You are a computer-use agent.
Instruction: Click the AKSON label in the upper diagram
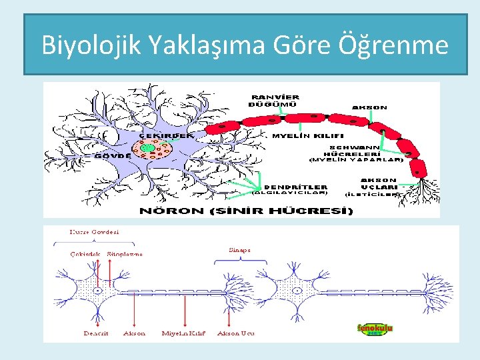coord(369,107)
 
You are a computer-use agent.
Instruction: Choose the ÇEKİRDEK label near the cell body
coord(166,135)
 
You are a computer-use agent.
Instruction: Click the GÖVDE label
coord(112,155)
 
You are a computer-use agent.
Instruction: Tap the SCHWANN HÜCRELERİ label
coord(355,151)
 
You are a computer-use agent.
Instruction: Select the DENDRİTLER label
coord(296,187)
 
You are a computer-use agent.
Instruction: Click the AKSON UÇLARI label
coord(379,183)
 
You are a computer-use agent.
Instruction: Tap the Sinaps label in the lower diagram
coord(239,250)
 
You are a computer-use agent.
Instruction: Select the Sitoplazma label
coord(125,254)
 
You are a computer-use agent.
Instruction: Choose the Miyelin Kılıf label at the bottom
coord(183,333)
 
